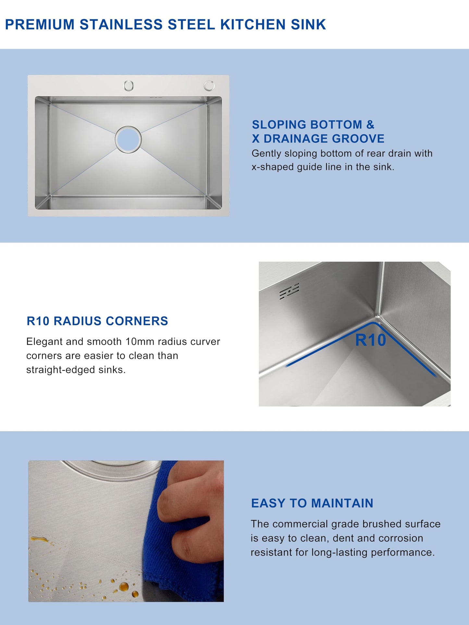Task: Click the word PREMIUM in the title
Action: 40,25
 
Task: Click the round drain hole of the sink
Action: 128,139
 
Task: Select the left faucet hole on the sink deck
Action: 129,86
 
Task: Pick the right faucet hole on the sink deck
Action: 209,85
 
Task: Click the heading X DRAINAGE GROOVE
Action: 318,139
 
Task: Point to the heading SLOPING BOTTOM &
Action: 313,125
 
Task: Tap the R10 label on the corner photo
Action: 370,340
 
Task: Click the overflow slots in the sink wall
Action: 289,291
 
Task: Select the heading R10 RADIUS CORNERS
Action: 97,321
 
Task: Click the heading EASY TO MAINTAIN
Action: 312,503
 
